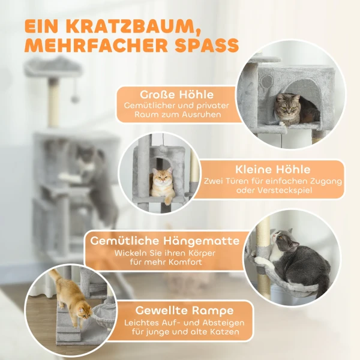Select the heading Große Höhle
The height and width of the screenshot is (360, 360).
(x=176, y=95)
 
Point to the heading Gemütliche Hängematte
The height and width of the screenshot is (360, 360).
(x=164, y=241)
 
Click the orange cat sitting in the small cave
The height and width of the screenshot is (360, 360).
(x=161, y=184)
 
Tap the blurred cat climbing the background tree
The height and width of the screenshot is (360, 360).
(x=90, y=174)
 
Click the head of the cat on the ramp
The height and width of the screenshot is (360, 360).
(x=85, y=312)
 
